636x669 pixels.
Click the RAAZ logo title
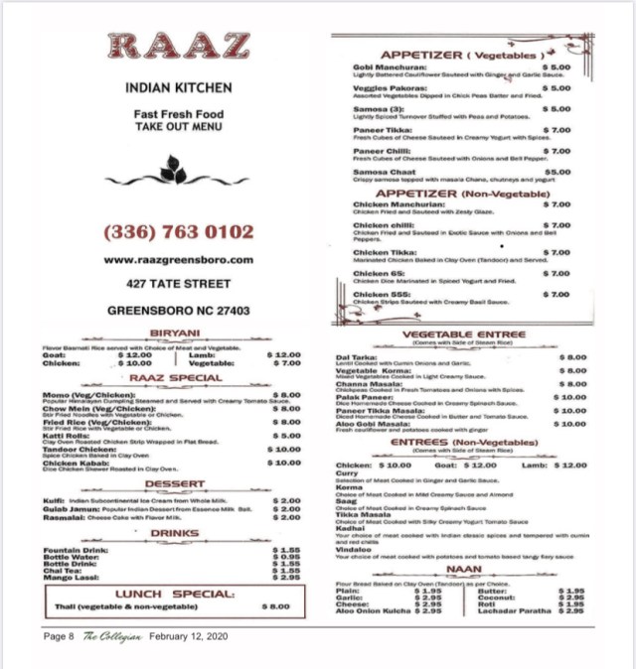pyautogui.click(x=179, y=47)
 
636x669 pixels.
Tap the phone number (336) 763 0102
pyautogui.click(x=179, y=232)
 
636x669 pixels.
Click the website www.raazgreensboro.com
pyautogui.click(x=179, y=259)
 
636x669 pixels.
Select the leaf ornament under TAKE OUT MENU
pyautogui.click(x=174, y=170)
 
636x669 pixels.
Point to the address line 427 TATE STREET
pyautogui.click(x=179, y=284)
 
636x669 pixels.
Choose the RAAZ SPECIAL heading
pyautogui.click(x=175, y=378)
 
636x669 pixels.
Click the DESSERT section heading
pyautogui.click(x=176, y=485)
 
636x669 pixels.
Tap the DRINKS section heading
pyautogui.click(x=175, y=534)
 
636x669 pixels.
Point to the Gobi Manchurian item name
pyautogui.click(x=392, y=67)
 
